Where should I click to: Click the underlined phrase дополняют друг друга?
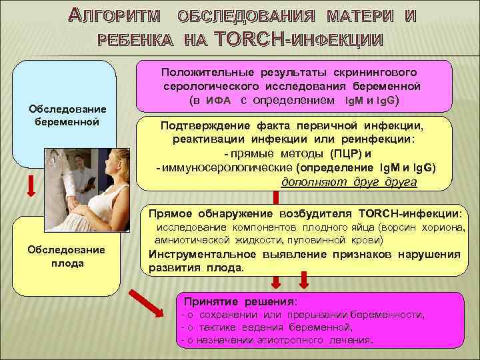pyautogui.click(x=350, y=182)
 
